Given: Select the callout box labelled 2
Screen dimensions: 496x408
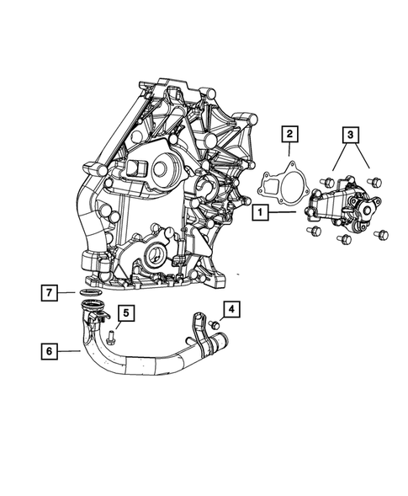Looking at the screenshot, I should (289, 133).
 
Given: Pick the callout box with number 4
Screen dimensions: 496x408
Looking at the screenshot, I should (230, 309).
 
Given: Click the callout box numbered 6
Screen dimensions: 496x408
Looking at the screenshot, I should (50, 346).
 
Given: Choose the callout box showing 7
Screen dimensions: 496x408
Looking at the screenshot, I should (50, 293).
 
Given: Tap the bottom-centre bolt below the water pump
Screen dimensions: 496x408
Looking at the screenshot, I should (343, 239).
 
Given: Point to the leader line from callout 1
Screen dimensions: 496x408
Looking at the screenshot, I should (283, 213).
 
